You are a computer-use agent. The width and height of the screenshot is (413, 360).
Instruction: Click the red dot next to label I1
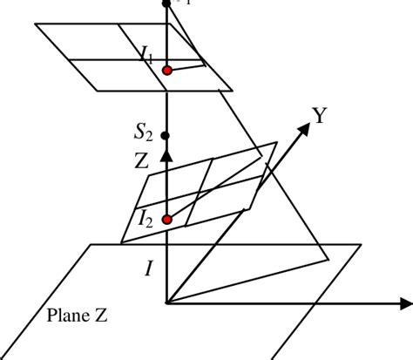point(166,70)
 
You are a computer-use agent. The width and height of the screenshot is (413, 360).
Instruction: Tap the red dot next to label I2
point(166,220)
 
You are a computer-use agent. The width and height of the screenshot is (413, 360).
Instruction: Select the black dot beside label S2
point(166,136)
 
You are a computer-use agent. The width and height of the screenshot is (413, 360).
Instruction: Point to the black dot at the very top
point(166,3)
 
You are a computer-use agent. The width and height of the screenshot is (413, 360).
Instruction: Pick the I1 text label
point(146,57)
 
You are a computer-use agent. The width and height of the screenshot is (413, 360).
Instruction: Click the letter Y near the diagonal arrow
point(319,115)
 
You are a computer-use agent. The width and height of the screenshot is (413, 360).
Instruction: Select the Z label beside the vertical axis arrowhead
point(143,160)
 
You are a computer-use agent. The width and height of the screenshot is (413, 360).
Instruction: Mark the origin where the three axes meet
point(166,303)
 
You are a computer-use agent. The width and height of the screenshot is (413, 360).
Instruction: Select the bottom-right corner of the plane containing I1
point(233,89)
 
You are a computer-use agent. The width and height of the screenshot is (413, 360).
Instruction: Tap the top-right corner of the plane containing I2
point(276,143)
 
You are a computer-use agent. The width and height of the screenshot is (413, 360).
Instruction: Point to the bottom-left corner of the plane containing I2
point(121,241)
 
